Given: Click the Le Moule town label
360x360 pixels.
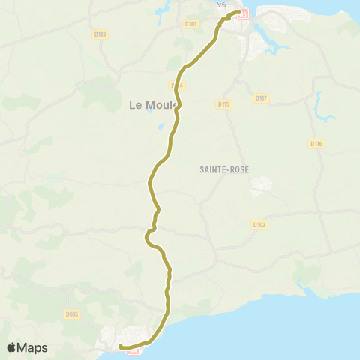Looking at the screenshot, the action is (x=152, y=106).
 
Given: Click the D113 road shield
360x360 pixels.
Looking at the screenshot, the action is (x=101, y=34).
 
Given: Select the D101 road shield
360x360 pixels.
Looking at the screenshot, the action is (x=190, y=24).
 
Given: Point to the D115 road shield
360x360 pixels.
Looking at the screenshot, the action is (x=223, y=103).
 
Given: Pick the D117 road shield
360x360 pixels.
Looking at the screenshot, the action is (x=261, y=97).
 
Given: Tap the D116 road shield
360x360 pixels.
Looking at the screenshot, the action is (x=316, y=143).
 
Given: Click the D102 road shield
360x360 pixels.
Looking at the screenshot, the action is (x=260, y=224).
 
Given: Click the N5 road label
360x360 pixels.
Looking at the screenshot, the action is (x=220, y=5).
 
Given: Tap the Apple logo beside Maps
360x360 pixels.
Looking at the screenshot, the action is (x=11, y=347).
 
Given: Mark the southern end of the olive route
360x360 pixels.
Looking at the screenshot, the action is (x=120, y=347).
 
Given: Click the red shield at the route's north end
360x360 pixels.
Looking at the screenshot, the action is (x=241, y=13).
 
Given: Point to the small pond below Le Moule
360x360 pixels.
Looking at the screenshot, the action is (x=161, y=127).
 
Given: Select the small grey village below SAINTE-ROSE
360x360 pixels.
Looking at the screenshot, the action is (x=262, y=184).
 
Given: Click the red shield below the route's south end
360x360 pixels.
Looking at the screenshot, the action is (x=133, y=352).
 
